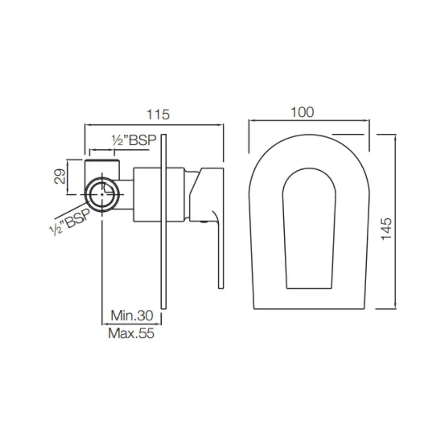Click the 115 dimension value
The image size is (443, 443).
tap(158, 114)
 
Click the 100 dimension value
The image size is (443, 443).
tap(302, 112)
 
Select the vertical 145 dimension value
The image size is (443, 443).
tap(387, 229)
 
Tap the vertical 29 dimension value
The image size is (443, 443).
tap(60, 176)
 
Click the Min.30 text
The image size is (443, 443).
tap(132, 315)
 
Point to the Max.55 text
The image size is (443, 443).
tap(131, 333)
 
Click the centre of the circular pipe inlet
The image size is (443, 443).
tap(102, 194)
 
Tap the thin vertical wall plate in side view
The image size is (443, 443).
tap(164, 221)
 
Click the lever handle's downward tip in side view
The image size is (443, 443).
tap(220, 283)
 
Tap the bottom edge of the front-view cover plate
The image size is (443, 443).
tap(309, 309)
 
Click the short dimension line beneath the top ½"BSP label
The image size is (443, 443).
tap(119, 150)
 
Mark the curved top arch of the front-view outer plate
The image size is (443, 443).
tap(309, 135)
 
